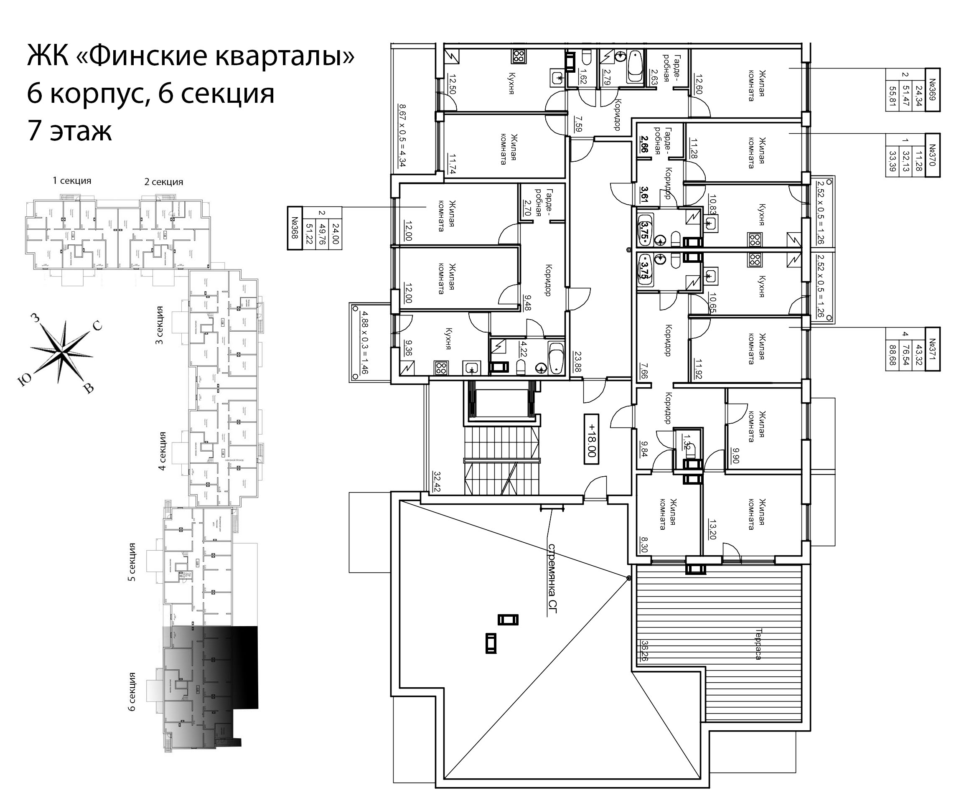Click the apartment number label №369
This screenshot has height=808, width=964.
(932, 89)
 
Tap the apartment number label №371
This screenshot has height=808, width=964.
(932, 348)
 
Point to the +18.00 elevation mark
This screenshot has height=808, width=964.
(591, 440)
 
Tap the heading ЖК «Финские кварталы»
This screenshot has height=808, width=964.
(191, 56)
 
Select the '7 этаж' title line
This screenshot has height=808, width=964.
(69, 131)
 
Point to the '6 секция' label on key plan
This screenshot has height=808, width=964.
(132, 691)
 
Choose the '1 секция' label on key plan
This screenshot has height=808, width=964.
(72, 181)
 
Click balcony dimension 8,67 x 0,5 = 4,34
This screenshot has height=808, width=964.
(402, 135)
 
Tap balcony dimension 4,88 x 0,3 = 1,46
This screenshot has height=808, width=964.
(364, 343)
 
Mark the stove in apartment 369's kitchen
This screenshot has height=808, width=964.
(519, 56)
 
